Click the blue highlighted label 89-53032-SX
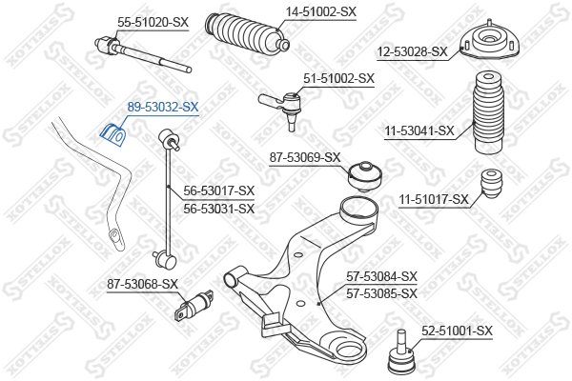(x=163, y=108)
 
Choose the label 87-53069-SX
(x=305, y=156)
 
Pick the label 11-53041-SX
(x=419, y=130)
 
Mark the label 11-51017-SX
(x=434, y=199)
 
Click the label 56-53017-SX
(x=219, y=190)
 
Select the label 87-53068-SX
(x=143, y=284)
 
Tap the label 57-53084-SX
(x=381, y=276)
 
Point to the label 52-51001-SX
(x=457, y=331)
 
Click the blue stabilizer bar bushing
(x=113, y=134)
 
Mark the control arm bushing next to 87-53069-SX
(x=365, y=174)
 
